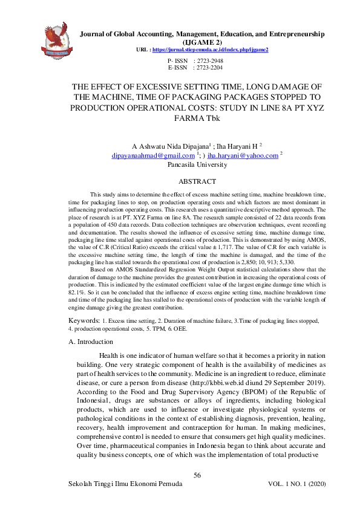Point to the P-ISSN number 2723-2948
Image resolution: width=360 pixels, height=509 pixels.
(208, 61)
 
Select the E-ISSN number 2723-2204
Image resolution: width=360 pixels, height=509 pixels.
(208, 68)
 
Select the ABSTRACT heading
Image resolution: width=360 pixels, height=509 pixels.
(197, 181)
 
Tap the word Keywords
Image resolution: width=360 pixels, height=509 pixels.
(83, 319)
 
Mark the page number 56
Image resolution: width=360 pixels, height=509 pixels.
(197, 476)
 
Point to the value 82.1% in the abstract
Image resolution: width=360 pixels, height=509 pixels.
(76, 291)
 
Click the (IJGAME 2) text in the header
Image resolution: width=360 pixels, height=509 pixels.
(197, 42)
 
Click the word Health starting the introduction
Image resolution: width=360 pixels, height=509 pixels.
(109, 357)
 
